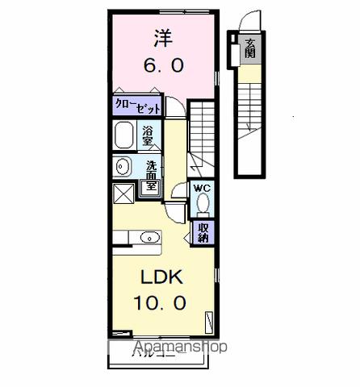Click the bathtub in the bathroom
[x=124, y=135]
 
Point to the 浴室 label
[x=149, y=135]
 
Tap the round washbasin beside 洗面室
[x=123, y=167]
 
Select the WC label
[x=202, y=189]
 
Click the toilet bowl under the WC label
[x=202, y=206]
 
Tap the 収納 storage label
[x=203, y=231]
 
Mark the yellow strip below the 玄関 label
[x=250, y=76]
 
